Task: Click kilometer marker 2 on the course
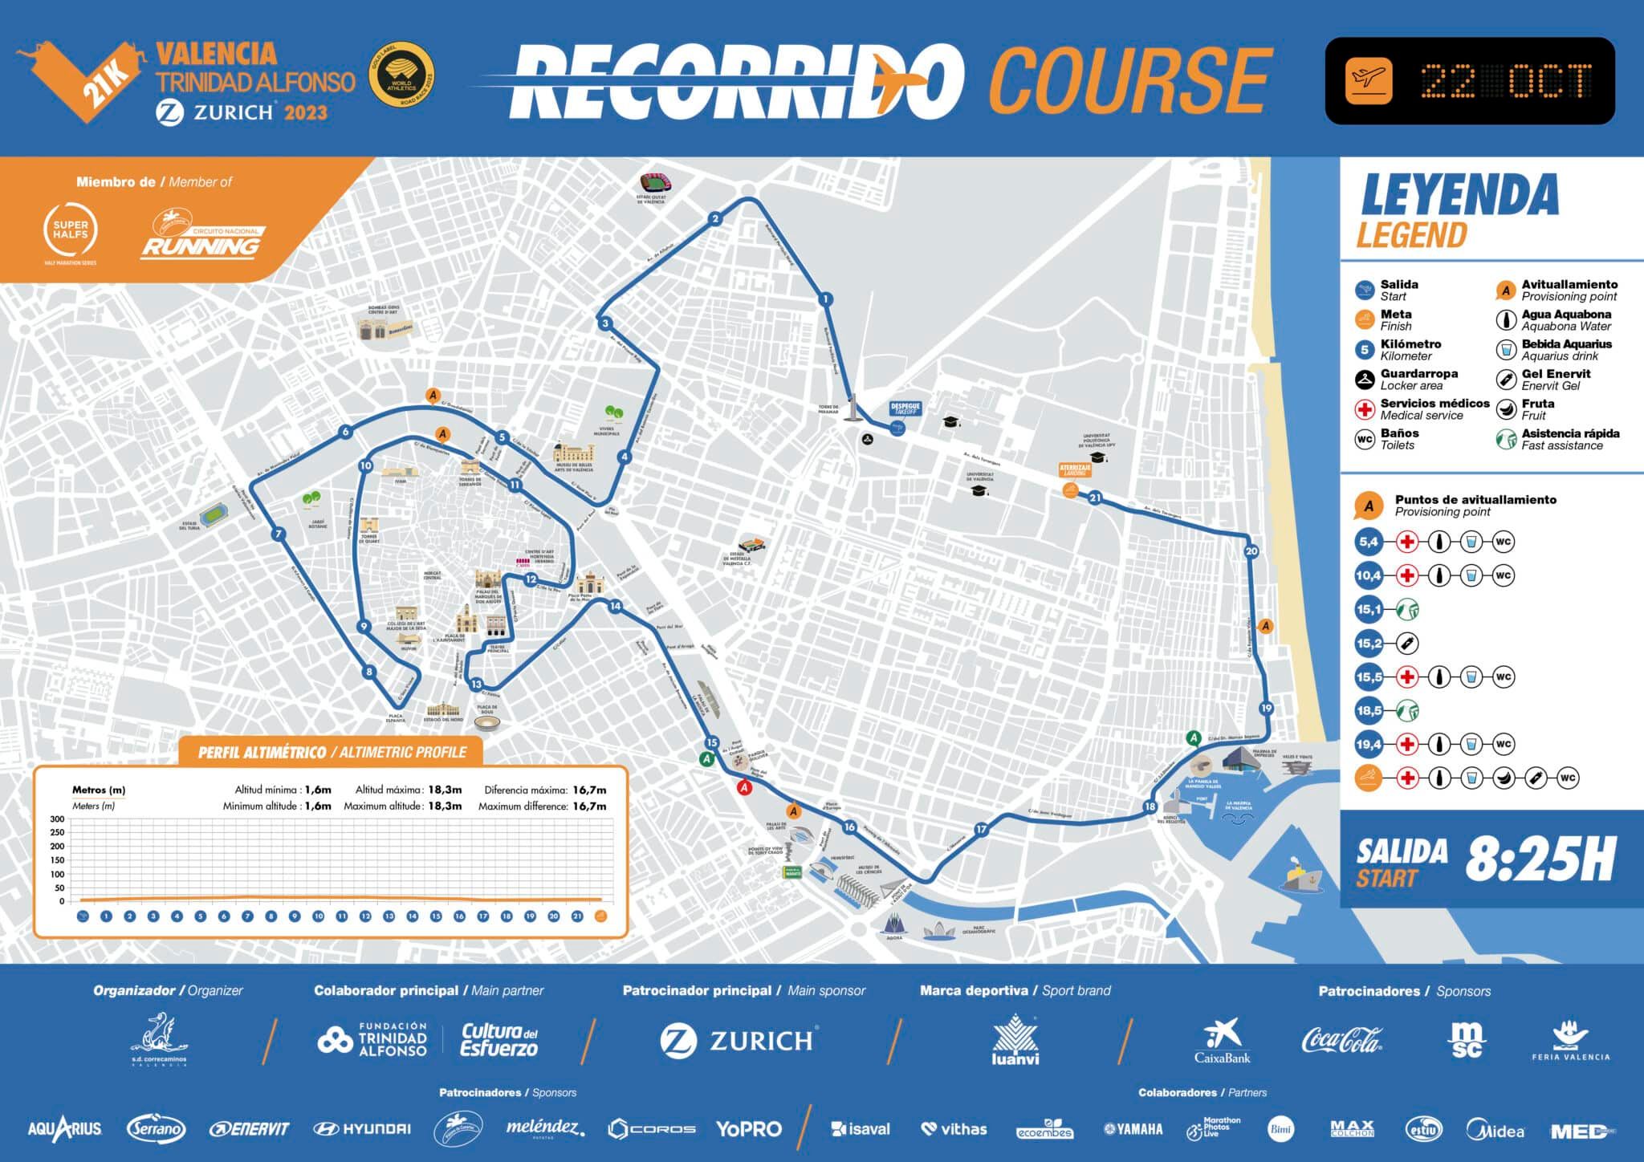tap(714, 219)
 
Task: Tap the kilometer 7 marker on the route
tap(279, 534)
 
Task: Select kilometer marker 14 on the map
tap(616, 607)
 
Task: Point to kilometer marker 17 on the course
tap(981, 830)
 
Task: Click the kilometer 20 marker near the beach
tap(1251, 551)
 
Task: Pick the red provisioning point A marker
tap(744, 788)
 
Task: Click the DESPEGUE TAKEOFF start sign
tap(905, 408)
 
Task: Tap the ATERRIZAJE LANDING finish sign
tap(1075, 469)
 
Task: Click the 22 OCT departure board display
tap(1469, 81)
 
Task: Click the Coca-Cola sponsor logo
tap(1341, 1040)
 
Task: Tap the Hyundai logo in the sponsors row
tap(361, 1129)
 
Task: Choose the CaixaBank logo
tap(1222, 1041)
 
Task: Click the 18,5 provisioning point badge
tap(1369, 710)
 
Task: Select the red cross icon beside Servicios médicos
tap(1365, 409)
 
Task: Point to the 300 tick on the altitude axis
tap(57, 819)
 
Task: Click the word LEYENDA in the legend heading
tap(1459, 194)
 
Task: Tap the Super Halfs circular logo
tap(71, 230)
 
